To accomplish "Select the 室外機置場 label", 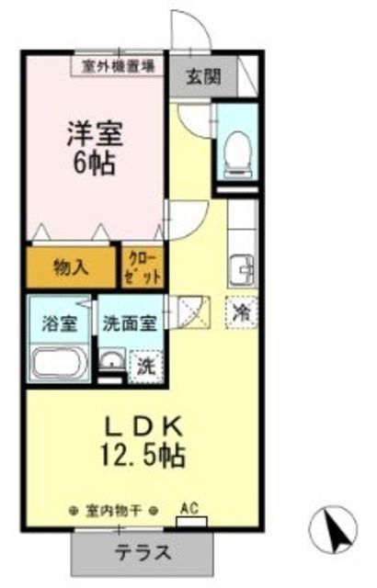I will coord(118,66).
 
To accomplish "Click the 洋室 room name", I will coord(95,133).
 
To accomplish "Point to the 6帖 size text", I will coord(95,165).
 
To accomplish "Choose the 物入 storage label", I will coord(71,267).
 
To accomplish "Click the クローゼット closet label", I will coord(143,267).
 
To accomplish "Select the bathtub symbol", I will coord(57,363).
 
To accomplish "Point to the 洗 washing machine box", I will coord(146,365).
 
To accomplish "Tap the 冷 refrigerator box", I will coord(241,312).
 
